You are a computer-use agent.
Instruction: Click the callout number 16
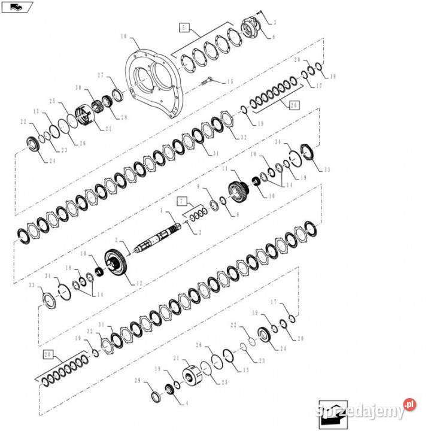123,37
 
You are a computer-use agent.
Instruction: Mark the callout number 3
274,23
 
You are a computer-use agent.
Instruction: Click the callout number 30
78,88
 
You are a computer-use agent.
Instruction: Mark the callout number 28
124,117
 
